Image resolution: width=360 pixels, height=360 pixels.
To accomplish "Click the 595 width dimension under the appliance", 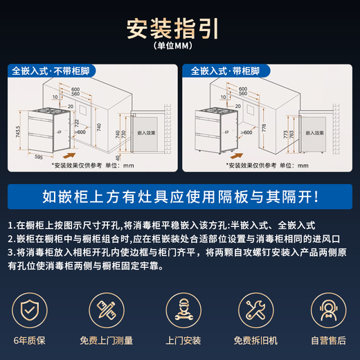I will [39, 157].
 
